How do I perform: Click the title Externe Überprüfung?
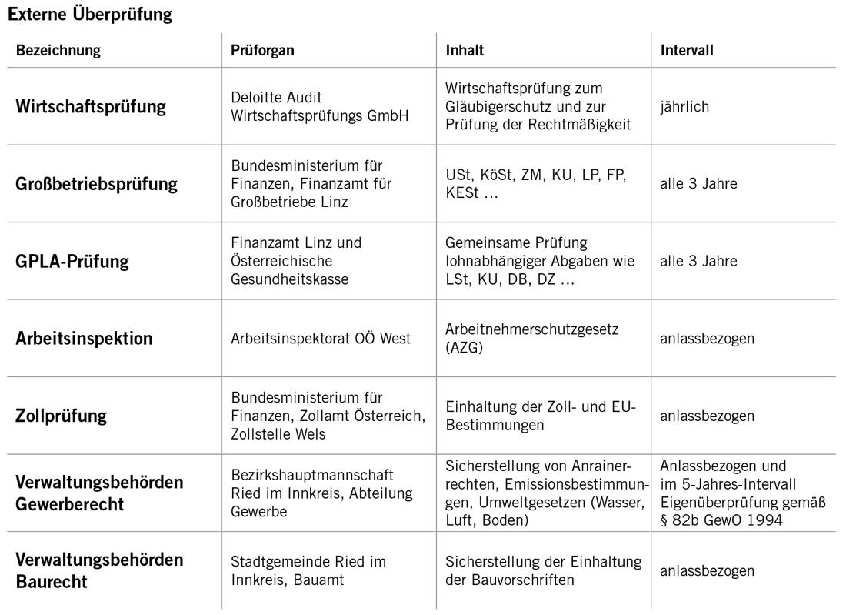click(90, 14)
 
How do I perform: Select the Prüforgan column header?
click(262, 51)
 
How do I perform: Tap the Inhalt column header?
click(465, 51)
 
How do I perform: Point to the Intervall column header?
click(687, 51)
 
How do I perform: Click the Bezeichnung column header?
click(58, 51)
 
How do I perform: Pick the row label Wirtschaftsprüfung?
click(91, 106)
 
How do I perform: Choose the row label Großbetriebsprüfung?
click(96, 184)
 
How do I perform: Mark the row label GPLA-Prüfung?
click(72, 261)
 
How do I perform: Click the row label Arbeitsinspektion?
click(84, 338)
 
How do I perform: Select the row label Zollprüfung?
click(61, 416)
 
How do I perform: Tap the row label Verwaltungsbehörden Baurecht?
click(99, 570)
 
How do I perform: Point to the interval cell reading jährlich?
click(684, 106)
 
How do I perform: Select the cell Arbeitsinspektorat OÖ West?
click(321, 338)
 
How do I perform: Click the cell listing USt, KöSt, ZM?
click(536, 184)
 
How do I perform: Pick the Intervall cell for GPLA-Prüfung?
click(698, 261)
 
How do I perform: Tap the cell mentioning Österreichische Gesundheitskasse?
click(296, 261)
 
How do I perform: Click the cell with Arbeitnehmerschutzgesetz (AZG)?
click(531, 338)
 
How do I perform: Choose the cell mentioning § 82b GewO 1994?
click(742, 493)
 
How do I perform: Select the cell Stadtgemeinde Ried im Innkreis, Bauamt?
click(308, 570)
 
